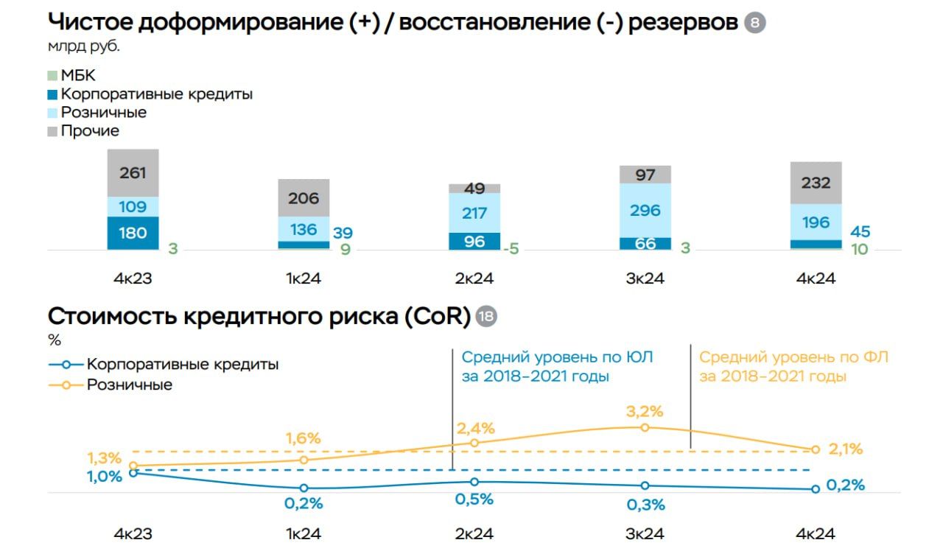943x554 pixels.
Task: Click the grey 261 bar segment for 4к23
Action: click(133, 173)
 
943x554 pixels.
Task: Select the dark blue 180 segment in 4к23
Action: click(133, 233)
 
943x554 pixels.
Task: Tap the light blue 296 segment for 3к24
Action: click(645, 210)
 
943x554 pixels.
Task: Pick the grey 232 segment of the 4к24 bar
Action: click(816, 183)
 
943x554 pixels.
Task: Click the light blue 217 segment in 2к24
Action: click(474, 213)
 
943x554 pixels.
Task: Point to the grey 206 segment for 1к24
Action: click(304, 197)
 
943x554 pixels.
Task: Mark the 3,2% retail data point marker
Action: click(645, 427)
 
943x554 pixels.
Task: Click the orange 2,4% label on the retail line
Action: click(475, 428)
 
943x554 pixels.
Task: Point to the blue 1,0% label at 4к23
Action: click(104, 477)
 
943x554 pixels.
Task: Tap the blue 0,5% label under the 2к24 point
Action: click(474, 499)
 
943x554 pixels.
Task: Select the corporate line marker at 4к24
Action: click(816, 489)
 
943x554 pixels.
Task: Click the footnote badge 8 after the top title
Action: click(755, 23)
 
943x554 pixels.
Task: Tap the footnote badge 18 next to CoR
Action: click(486, 317)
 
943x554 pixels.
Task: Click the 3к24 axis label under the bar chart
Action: click(645, 279)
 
